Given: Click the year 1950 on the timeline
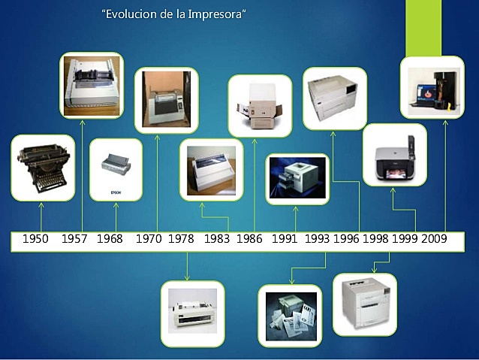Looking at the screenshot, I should click(x=35, y=239).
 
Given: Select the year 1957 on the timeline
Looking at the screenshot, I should click(x=74, y=239).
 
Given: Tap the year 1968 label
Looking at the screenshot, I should click(x=110, y=239).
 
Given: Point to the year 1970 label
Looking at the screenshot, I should click(x=149, y=239).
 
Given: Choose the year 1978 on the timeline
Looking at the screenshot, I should click(x=181, y=239).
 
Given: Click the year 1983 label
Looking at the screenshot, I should click(x=217, y=239).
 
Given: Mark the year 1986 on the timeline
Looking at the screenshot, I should click(x=249, y=239).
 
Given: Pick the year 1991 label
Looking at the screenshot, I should click(x=285, y=239).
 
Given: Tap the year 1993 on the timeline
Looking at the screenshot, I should click(x=318, y=239).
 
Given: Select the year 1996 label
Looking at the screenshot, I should click(x=347, y=239).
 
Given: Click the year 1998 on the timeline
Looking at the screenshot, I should click(x=375, y=239).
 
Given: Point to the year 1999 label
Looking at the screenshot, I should click(x=405, y=239).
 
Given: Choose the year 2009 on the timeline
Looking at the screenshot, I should click(x=434, y=239).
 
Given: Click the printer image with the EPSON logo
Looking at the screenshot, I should click(x=116, y=169).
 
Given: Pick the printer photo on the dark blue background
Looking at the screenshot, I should click(x=297, y=179).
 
